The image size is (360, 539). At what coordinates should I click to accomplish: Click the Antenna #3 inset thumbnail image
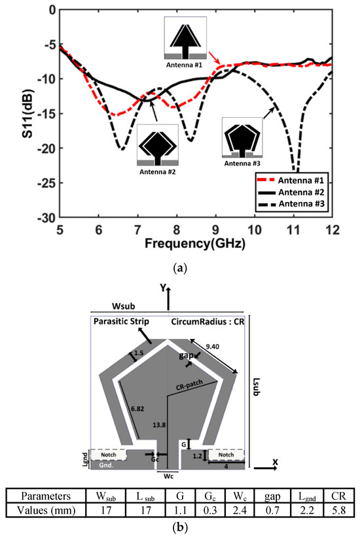(x=243, y=137)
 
